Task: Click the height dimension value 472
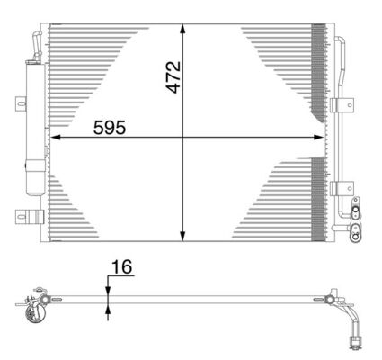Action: coord(173,78)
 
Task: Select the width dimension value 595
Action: coord(110,127)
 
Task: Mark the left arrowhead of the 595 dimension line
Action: coord(54,138)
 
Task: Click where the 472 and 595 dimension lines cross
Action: coord(184,138)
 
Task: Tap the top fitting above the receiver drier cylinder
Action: coord(35,44)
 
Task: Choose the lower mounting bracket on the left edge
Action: coord(26,216)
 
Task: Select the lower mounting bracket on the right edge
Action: coord(339,188)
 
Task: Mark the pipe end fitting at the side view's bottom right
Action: coord(353,342)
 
